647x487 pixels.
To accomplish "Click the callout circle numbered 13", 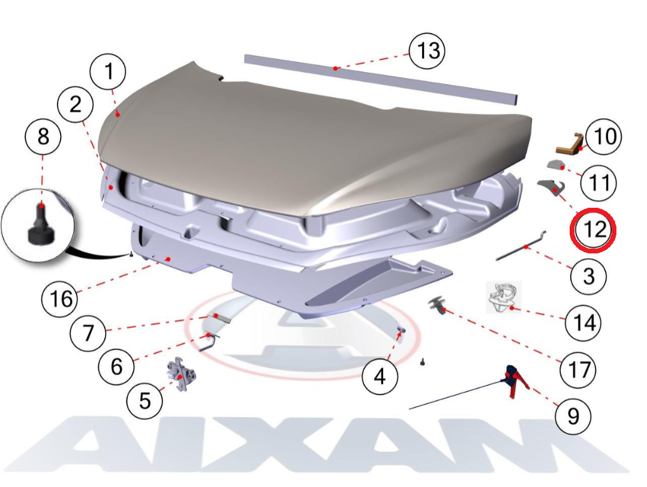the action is (x=427, y=51).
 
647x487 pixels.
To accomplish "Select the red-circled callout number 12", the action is (x=593, y=229).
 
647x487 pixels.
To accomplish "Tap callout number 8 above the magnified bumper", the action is (x=43, y=137).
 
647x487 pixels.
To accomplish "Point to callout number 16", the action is (x=60, y=298).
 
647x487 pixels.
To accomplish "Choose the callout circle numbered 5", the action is (x=145, y=401).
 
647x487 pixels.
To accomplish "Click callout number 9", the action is (x=573, y=416).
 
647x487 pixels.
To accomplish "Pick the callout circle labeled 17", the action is (x=578, y=369).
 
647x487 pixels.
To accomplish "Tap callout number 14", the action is (x=583, y=322).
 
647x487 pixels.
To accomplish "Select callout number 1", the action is (x=108, y=71).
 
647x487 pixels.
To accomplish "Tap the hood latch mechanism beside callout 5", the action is (x=180, y=374).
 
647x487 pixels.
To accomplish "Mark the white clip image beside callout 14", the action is (x=504, y=297).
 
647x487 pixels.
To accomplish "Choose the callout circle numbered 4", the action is (x=380, y=377).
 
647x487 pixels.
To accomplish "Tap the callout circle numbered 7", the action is (x=88, y=333).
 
